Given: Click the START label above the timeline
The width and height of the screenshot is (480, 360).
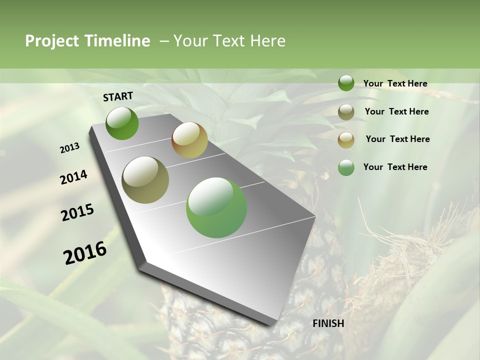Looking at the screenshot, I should (118, 96).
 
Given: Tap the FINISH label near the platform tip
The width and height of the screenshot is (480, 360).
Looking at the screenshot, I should (328, 323).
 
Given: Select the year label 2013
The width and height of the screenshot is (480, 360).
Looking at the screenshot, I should (70, 148).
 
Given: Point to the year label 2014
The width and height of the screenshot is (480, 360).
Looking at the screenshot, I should (74, 177).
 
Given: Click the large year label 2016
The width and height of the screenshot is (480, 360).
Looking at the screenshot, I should (85, 253).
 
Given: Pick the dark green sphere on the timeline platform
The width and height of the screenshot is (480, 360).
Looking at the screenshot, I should (122, 123).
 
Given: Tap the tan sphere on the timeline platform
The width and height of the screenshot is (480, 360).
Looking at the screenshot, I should (189, 140).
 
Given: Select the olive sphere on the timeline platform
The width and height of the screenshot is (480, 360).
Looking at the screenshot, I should (145, 180).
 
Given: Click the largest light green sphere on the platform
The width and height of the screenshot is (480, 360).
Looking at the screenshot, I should (216, 207).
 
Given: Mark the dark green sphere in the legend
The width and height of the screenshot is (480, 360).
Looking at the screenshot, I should (346, 83).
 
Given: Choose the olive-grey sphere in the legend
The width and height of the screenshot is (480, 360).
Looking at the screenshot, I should (346, 112).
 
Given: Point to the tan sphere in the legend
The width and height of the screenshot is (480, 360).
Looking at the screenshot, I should (346, 140).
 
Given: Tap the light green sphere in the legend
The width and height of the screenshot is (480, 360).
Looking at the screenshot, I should (346, 167).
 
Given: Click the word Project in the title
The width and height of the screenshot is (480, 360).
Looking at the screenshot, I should (52, 41).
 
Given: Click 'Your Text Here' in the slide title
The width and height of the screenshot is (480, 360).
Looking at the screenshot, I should (229, 41).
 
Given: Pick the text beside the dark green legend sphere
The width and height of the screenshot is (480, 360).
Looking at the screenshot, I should (395, 84).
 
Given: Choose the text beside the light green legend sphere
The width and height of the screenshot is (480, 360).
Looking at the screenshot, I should (395, 167).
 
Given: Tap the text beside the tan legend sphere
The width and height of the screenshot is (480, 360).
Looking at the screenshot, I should (397, 139).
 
